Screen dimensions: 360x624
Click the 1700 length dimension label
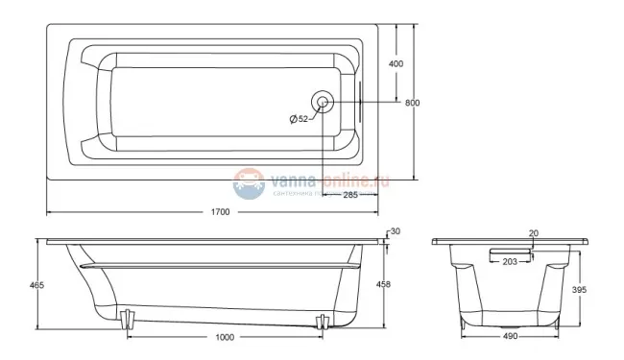click(x=219, y=212)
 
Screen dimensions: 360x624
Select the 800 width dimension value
click(x=411, y=103)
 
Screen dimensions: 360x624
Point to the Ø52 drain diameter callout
click(x=299, y=119)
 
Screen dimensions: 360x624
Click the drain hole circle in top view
click(x=323, y=102)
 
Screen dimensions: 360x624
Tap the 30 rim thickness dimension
click(x=394, y=231)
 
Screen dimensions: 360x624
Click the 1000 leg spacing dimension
click(x=225, y=337)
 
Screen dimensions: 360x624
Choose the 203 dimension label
click(x=510, y=261)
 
